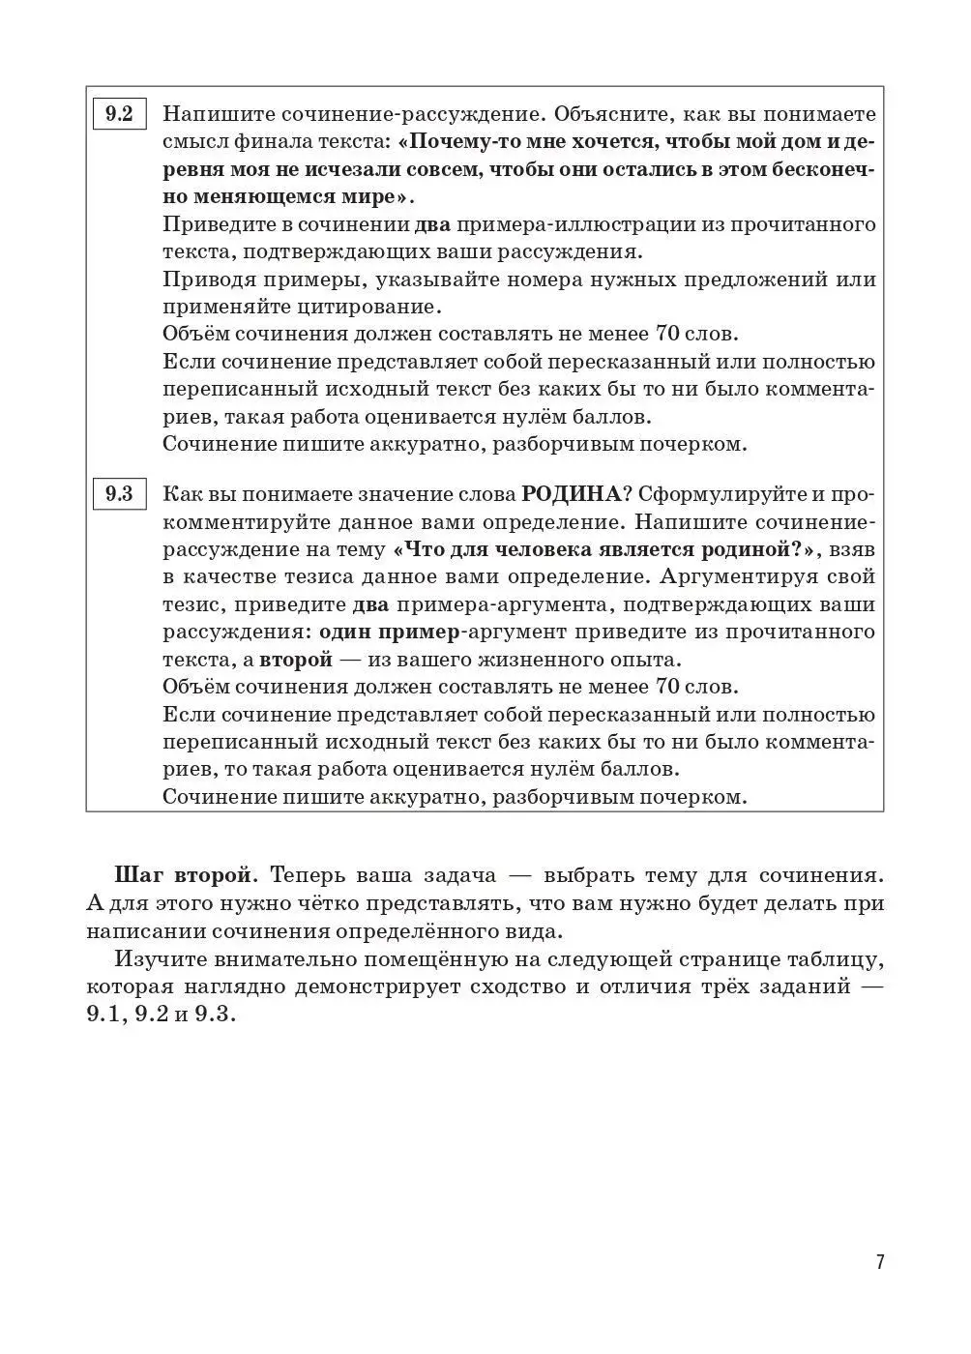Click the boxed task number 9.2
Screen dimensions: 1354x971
point(119,114)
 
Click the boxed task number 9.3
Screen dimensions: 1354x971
point(119,494)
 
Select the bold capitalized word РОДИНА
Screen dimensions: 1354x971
point(571,494)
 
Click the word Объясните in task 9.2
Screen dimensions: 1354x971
point(603,114)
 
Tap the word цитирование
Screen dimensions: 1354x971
point(368,308)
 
